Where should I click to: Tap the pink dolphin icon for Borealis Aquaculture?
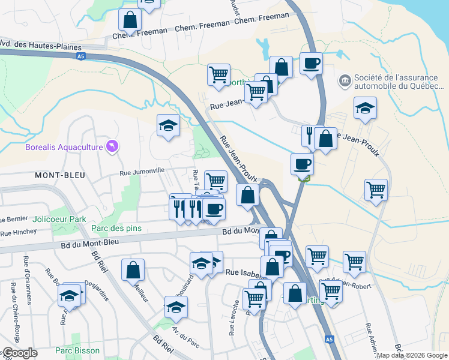point(112,146)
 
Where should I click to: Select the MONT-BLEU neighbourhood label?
point(60,175)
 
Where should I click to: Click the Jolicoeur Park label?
point(61,219)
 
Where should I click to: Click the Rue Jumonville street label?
point(142,171)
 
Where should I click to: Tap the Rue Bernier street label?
point(13,219)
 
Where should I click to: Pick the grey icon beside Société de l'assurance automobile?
point(345,79)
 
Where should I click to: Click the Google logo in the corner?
point(20,353)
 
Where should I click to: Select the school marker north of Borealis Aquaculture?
point(169,125)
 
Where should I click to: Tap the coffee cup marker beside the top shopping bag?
point(310,64)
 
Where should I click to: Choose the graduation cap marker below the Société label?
point(365,109)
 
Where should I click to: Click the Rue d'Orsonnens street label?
point(26,273)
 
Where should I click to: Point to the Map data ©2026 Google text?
point(411,355)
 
